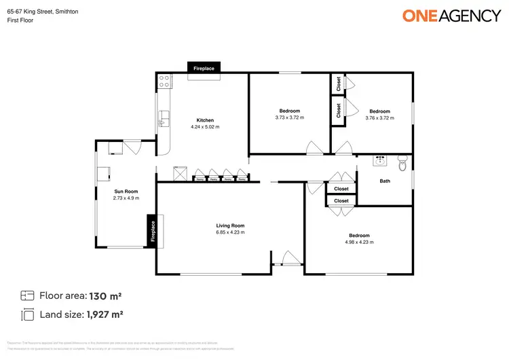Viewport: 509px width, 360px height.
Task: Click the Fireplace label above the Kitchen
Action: (x=204, y=69)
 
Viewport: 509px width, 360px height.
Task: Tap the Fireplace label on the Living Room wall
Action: (x=153, y=231)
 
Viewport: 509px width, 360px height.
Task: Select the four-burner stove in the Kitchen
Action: (x=164, y=82)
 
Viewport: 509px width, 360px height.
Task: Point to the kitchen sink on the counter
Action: (x=162, y=122)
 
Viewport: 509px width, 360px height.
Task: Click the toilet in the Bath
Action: (x=402, y=163)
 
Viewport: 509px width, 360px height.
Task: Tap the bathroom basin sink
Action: (x=379, y=162)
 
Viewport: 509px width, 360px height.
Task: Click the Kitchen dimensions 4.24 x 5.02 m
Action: (x=205, y=127)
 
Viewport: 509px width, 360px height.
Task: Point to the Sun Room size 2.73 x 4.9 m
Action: (x=126, y=198)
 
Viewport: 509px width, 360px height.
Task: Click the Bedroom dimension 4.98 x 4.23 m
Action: (x=359, y=242)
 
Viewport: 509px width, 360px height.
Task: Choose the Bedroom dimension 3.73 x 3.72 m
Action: (x=289, y=118)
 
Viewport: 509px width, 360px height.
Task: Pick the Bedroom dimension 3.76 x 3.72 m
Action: (x=379, y=118)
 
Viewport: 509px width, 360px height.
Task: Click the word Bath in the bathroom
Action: (x=385, y=181)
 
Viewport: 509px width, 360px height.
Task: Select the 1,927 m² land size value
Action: (x=104, y=314)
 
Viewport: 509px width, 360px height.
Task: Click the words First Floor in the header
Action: (x=20, y=20)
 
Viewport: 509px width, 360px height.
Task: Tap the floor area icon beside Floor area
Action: (x=27, y=295)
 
